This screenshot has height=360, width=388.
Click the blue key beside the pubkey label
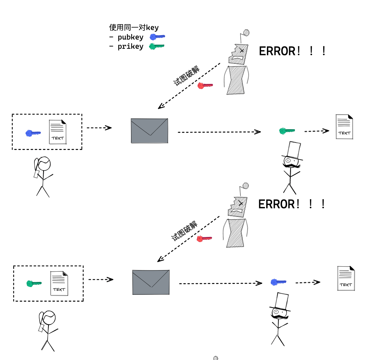click(157, 37)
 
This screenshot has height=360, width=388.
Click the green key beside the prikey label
click(156, 46)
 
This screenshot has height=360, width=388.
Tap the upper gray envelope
click(149, 131)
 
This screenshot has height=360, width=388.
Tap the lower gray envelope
click(151, 282)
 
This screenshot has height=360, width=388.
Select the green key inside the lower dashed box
click(34, 283)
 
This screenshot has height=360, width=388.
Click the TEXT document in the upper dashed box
click(58, 132)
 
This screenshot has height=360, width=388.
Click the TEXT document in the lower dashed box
click(59, 283)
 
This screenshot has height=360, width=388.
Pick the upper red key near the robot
click(205, 86)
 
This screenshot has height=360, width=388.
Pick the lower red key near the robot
click(204, 239)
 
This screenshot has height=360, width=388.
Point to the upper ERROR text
click(292, 51)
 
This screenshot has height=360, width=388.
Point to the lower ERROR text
click(292, 204)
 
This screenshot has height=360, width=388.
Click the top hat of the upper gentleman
click(293, 150)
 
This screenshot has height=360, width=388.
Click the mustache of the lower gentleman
click(279, 317)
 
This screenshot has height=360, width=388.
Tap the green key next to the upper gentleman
click(286, 131)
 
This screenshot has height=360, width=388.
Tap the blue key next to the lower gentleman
click(278, 282)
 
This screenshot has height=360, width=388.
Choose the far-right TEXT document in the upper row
click(344, 126)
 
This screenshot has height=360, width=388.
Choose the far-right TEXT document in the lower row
click(346, 278)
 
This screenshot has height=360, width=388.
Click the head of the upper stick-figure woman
click(44, 164)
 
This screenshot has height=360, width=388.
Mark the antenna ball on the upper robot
click(246, 33)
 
